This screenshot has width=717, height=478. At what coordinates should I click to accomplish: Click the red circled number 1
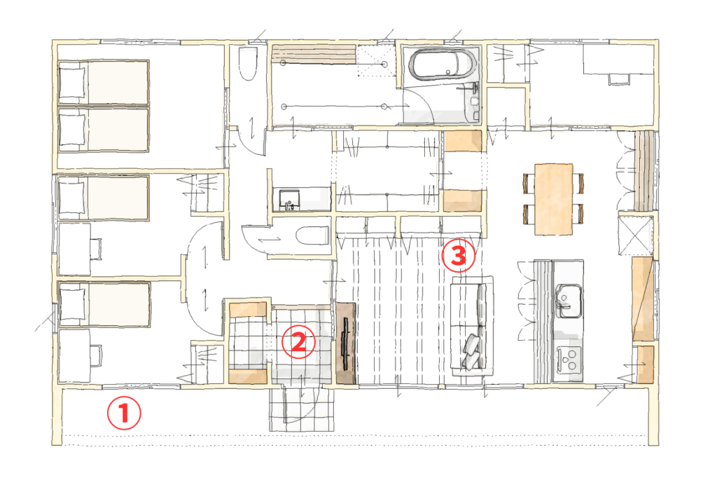[x=124, y=413]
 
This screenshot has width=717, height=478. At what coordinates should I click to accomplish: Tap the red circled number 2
[x=298, y=341]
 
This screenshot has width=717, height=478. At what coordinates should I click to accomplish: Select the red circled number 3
[x=459, y=255]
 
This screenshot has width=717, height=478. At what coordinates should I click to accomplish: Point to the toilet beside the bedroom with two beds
[x=248, y=63]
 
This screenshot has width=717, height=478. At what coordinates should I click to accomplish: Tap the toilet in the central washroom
[x=312, y=235]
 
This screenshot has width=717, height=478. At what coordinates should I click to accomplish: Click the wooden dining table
[x=553, y=199]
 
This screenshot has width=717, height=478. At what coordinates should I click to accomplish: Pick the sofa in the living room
[x=472, y=326]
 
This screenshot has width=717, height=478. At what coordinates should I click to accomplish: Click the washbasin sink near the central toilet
[x=289, y=200]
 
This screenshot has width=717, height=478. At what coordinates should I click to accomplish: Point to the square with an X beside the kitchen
[x=636, y=235]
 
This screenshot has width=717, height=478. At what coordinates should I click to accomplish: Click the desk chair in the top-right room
[x=619, y=78]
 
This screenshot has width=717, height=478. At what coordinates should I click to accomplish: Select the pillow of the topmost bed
[x=72, y=83]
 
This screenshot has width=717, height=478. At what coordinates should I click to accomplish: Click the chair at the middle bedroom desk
[x=96, y=249]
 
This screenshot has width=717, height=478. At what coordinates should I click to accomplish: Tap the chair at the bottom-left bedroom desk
[x=96, y=356]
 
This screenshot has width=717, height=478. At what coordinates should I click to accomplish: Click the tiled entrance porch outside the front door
[x=302, y=409]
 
